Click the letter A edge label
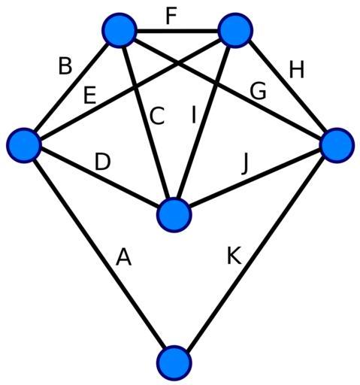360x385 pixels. click(x=123, y=257)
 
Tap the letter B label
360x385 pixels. click(x=65, y=66)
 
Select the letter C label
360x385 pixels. click(x=157, y=116)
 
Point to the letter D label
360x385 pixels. click(x=102, y=162)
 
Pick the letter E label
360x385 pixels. click(x=89, y=95)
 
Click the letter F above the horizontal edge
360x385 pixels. click(x=171, y=16)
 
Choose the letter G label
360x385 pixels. click(x=258, y=91)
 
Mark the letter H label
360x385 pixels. click(x=297, y=69)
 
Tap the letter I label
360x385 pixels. click(x=193, y=115)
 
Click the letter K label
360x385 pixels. click(x=234, y=256)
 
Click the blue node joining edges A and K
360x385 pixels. click(x=174, y=362)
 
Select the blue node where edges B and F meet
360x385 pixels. click(x=120, y=30)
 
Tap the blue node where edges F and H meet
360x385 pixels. click(x=235, y=30)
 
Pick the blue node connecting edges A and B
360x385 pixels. click(x=24, y=145)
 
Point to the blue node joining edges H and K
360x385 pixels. click(x=337, y=145)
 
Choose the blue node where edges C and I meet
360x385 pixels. click(x=174, y=215)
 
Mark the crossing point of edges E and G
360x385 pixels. click(x=177, y=59)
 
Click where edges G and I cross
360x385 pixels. click(x=216, y=82)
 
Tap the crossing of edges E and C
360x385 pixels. click(x=136, y=86)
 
